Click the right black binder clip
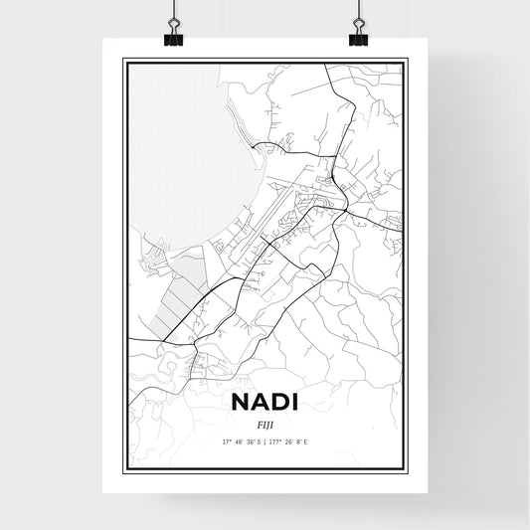pyautogui.click(x=358, y=38)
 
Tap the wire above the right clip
pyautogui.click(x=358, y=12)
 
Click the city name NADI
pyautogui.click(x=265, y=403)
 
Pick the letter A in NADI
pyautogui.click(x=259, y=403)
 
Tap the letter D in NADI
pyautogui.click(x=279, y=403)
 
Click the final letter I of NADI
pyautogui.click(x=295, y=403)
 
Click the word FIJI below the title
pyautogui.click(x=265, y=423)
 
